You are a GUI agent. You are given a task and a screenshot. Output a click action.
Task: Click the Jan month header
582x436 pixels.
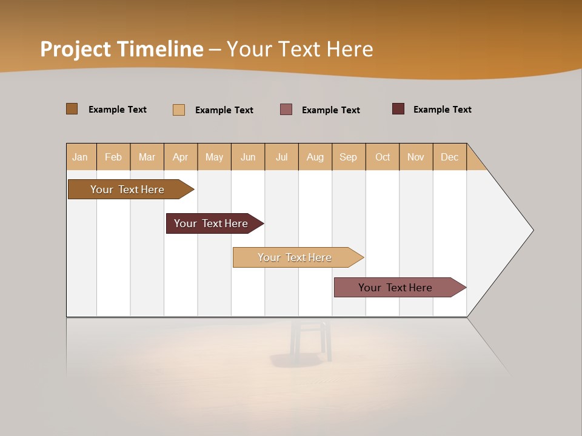(x=80, y=157)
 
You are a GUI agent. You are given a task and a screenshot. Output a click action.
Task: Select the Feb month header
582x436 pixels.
(x=113, y=157)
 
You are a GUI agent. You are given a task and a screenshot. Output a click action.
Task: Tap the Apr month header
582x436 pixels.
(x=180, y=157)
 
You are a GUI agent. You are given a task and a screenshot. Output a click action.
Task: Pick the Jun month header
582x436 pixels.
(x=248, y=157)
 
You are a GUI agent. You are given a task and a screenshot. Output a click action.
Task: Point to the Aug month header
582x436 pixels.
(x=315, y=157)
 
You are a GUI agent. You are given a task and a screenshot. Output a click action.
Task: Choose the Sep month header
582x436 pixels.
(x=348, y=157)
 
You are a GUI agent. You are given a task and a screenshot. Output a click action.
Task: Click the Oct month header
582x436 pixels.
(x=383, y=157)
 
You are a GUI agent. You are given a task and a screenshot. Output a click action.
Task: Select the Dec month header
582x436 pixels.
(x=449, y=157)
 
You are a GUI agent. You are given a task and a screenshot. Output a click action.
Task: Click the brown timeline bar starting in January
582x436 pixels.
(x=127, y=190)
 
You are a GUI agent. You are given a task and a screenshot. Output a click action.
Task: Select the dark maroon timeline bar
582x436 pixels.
(x=211, y=223)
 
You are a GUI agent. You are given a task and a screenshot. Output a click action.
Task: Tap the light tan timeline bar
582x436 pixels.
(x=295, y=257)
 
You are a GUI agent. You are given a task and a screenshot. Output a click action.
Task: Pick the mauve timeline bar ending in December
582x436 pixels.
(x=395, y=288)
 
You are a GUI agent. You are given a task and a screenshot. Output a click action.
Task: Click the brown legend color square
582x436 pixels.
(x=72, y=109)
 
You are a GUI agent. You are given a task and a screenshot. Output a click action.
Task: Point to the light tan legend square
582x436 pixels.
(x=179, y=110)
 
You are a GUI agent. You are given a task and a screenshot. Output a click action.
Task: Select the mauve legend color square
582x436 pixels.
(x=286, y=109)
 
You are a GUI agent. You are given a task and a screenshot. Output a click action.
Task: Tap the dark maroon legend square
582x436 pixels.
(x=398, y=109)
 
